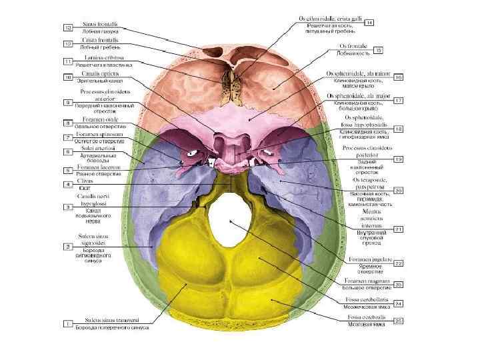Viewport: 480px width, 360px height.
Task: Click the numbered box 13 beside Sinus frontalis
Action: (x=68, y=27)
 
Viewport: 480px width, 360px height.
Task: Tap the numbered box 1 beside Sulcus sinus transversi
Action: (x=68, y=323)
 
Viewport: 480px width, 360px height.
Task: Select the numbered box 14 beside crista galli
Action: (x=369, y=22)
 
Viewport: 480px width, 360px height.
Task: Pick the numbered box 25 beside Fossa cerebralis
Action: (x=398, y=322)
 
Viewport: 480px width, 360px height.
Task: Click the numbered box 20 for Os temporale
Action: (x=398, y=191)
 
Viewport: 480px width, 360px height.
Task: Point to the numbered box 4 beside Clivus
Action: (x=68, y=184)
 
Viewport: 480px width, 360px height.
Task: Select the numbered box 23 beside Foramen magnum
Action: (x=398, y=285)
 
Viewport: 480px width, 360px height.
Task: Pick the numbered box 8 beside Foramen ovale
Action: (x=68, y=123)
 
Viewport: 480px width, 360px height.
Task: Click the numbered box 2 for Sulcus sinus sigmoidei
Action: (x=68, y=247)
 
